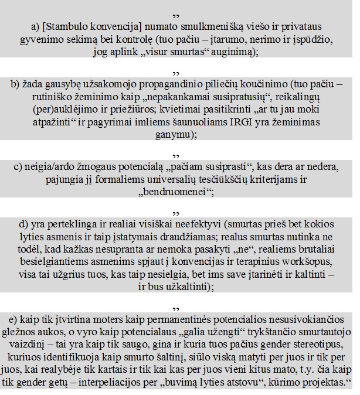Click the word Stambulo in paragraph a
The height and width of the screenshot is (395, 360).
tap(62, 27)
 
